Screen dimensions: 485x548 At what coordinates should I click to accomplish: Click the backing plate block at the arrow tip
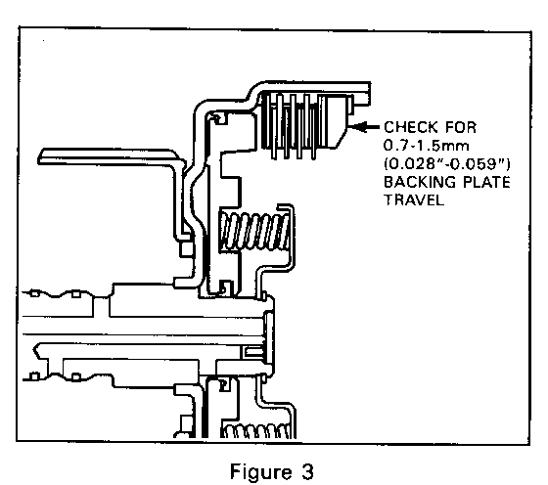(x=339, y=125)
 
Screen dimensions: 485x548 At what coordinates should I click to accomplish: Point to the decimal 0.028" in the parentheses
(x=414, y=162)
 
